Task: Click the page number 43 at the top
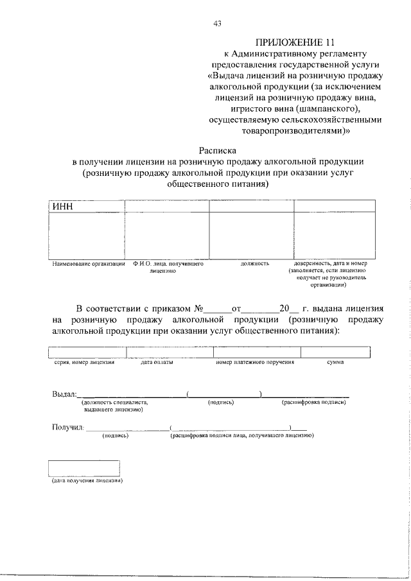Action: [217, 24]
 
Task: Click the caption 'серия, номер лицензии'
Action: [84, 363]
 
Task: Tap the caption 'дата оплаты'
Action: [157, 363]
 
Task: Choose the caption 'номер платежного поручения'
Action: [255, 363]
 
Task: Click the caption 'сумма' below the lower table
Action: [335, 363]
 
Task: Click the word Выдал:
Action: [64, 393]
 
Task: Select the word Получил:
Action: [67, 428]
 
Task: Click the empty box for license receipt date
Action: [84, 467]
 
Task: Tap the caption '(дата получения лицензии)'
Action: [87, 481]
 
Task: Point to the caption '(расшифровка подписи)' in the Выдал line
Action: [315, 402]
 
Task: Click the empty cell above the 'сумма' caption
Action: [335, 352]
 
